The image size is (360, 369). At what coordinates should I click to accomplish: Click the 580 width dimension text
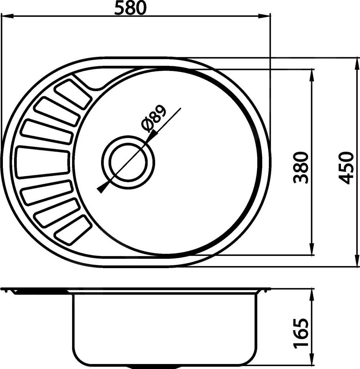coord(130,8)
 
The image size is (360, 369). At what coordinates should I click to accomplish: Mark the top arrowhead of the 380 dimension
coord(312,74)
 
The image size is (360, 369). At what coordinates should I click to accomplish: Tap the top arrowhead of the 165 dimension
coord(312,294)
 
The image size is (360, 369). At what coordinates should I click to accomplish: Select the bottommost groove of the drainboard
coord(73,229)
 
